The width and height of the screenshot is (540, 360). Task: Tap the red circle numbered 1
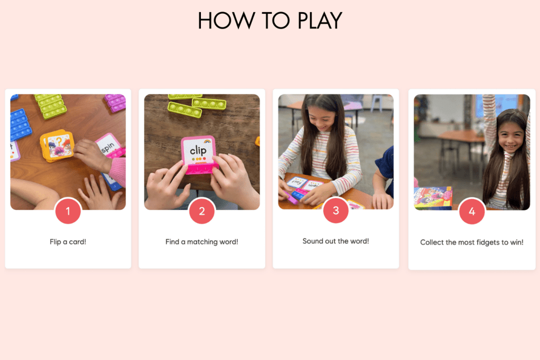pyautogui.click(x=68, y=212)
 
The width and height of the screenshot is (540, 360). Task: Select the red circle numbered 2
pyautogui.click(x=202, y=212)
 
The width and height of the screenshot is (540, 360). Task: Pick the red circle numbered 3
pyautogui.click(x=336, y=212)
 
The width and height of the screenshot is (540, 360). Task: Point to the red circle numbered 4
pyautogui.click(x=472, y=212)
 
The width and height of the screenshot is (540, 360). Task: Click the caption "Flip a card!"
pyautogui.click(x=68, y=242)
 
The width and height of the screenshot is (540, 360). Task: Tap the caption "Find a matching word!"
pyautogui.click(x=202, y=242)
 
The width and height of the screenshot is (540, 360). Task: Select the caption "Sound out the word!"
pyautogui.click(x=336, y=241)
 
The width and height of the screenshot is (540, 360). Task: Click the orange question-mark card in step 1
pyautogui.click(x=57, y=145)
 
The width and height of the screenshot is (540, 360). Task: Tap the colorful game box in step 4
pyautogui.click(x=433, y=198)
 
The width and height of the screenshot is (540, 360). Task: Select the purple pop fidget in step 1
pyautogui.click(x=115, y=102)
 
